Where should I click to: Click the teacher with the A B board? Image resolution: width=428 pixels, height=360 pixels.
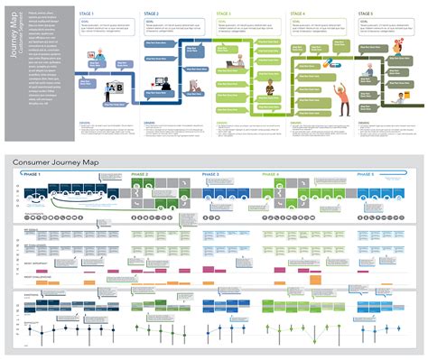[116, 86]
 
